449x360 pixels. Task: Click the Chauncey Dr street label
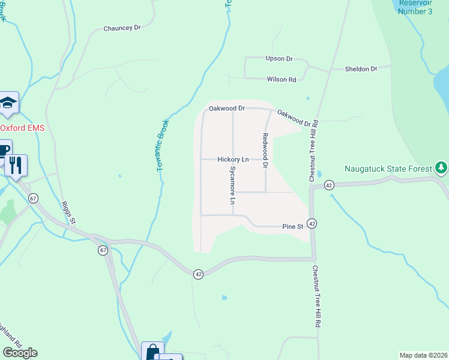point(122,28)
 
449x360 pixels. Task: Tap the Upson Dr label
point(279,59)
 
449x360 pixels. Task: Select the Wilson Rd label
point(282,79)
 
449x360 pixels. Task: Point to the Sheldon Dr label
point(361,69)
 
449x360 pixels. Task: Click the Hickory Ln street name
point(233,160)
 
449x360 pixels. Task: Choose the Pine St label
point(292,227)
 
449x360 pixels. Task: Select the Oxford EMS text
point(22,128)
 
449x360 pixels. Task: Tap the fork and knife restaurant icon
point(16,164)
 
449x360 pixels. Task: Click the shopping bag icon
point(152,352)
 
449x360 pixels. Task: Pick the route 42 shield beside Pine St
point(312,223)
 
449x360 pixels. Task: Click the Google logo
point(20,353)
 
